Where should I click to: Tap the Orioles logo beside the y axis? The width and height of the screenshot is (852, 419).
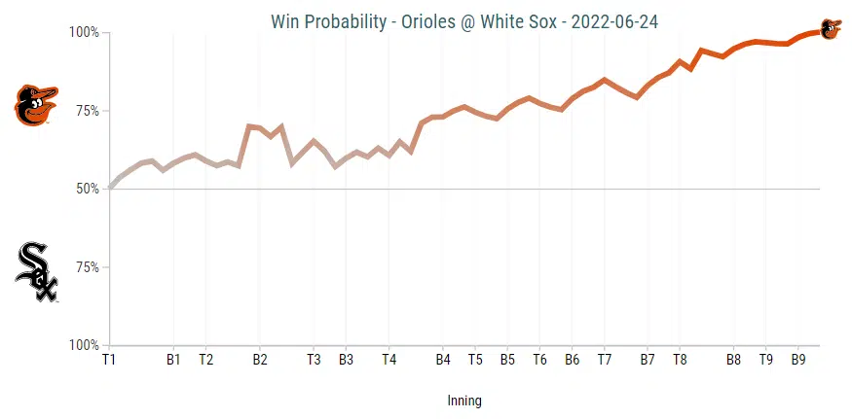(x=36, y=105)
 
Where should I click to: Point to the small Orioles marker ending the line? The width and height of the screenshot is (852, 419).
(x=831, y=29)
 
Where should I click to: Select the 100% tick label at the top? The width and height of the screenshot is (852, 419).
(x=84, y=32)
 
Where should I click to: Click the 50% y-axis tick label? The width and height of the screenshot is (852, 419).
(x=87, y=189)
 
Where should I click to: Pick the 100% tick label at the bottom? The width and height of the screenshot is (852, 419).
(x=84, y=345)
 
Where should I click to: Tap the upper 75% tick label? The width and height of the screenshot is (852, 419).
(x=87, y=111)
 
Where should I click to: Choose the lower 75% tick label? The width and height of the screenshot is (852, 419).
(x=87, y=267)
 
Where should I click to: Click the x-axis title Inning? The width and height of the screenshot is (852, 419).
(x=464, y=401)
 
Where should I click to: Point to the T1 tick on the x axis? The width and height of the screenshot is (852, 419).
(x=109, y=360)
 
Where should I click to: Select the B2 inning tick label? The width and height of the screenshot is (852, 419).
(x=260, y=360)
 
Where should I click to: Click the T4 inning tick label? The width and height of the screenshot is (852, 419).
(x=389, y=360)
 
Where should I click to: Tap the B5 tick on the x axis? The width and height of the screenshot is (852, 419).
(x=507, y=360)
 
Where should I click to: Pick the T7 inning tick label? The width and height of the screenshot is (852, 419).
(x=605, y=360)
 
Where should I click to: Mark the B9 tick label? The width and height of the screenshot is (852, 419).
(x=797, y=360)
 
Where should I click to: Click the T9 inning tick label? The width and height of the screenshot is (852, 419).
(x=765, y=360)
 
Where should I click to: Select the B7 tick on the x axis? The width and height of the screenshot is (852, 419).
(x=648, y=360)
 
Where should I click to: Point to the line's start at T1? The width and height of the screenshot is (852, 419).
(x=110, y=188)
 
